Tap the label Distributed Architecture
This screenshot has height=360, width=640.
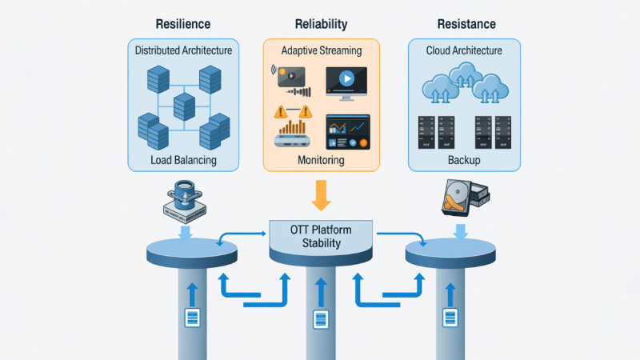click(183, 50)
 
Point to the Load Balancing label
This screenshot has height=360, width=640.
click(183, 160)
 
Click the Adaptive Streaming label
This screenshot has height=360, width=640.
click(322, 50)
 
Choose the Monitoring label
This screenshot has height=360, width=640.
click(321, 160)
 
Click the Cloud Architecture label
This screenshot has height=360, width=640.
click(465, 50)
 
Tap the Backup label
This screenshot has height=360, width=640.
click(465, 160)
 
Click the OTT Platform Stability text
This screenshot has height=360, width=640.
click(320, 237)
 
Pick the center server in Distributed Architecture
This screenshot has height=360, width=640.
click(184, 104)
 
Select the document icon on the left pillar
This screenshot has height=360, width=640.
click(192, 318)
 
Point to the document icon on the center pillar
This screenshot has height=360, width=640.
click(320, 319)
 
